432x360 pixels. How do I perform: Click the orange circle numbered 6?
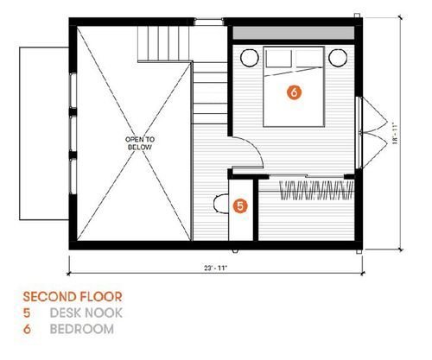pos(294,92)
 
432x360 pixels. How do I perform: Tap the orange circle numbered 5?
pos(240,206)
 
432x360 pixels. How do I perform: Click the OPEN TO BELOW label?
pos(140,143)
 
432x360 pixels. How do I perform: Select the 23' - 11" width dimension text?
pos(216,268)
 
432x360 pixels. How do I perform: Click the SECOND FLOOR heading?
pos(73,297)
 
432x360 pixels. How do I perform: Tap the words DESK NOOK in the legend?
pos(86,313)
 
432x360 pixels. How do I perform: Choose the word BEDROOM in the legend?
pos(82,329)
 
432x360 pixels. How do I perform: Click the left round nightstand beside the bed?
pos(250,58)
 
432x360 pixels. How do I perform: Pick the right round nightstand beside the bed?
pos(338,58)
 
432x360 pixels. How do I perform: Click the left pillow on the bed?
pos(278,59)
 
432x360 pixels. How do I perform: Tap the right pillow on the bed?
pos(308,59)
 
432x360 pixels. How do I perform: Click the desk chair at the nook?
pos(220,204)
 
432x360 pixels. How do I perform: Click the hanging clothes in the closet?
pos(316,190)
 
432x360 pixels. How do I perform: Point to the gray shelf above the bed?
pos(294,33)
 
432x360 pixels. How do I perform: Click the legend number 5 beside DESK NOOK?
pos(27,313)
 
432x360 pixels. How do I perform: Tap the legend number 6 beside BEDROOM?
pos(27,329)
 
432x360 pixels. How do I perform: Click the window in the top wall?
pos(208,22)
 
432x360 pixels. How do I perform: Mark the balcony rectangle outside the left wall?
pos(44,134)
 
